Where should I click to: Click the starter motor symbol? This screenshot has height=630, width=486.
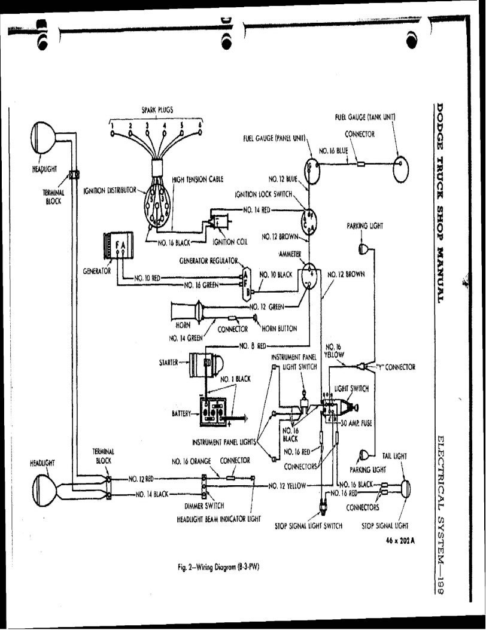pyautogui.click(x=206, y=364)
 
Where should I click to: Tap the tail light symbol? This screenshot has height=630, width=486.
pyautogui.click(x=405, y=489)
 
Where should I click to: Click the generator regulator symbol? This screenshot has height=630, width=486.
pyautogui.click(x=245, y=282)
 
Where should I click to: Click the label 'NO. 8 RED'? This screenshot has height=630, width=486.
pyautogui.click(x=253, y=346)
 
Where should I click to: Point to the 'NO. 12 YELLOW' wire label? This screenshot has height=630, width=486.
pyautogui.click(x=287, y=486)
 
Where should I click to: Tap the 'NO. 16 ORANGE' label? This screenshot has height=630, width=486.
pyautogui.click(x=192, y=462)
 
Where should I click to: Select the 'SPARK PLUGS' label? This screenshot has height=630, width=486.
pyautogui.click(x=157, y=109)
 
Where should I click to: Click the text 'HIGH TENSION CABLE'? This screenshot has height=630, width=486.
pyautogui.click(x=198, y=179)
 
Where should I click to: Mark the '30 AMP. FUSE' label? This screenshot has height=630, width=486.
pyautogui.click(x=356, y=423)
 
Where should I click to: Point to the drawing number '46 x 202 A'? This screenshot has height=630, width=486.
pyautogui.click(x=400, y=540)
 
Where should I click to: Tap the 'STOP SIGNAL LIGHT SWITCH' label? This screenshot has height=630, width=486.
pyautogui.click(x=309, y=526)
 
